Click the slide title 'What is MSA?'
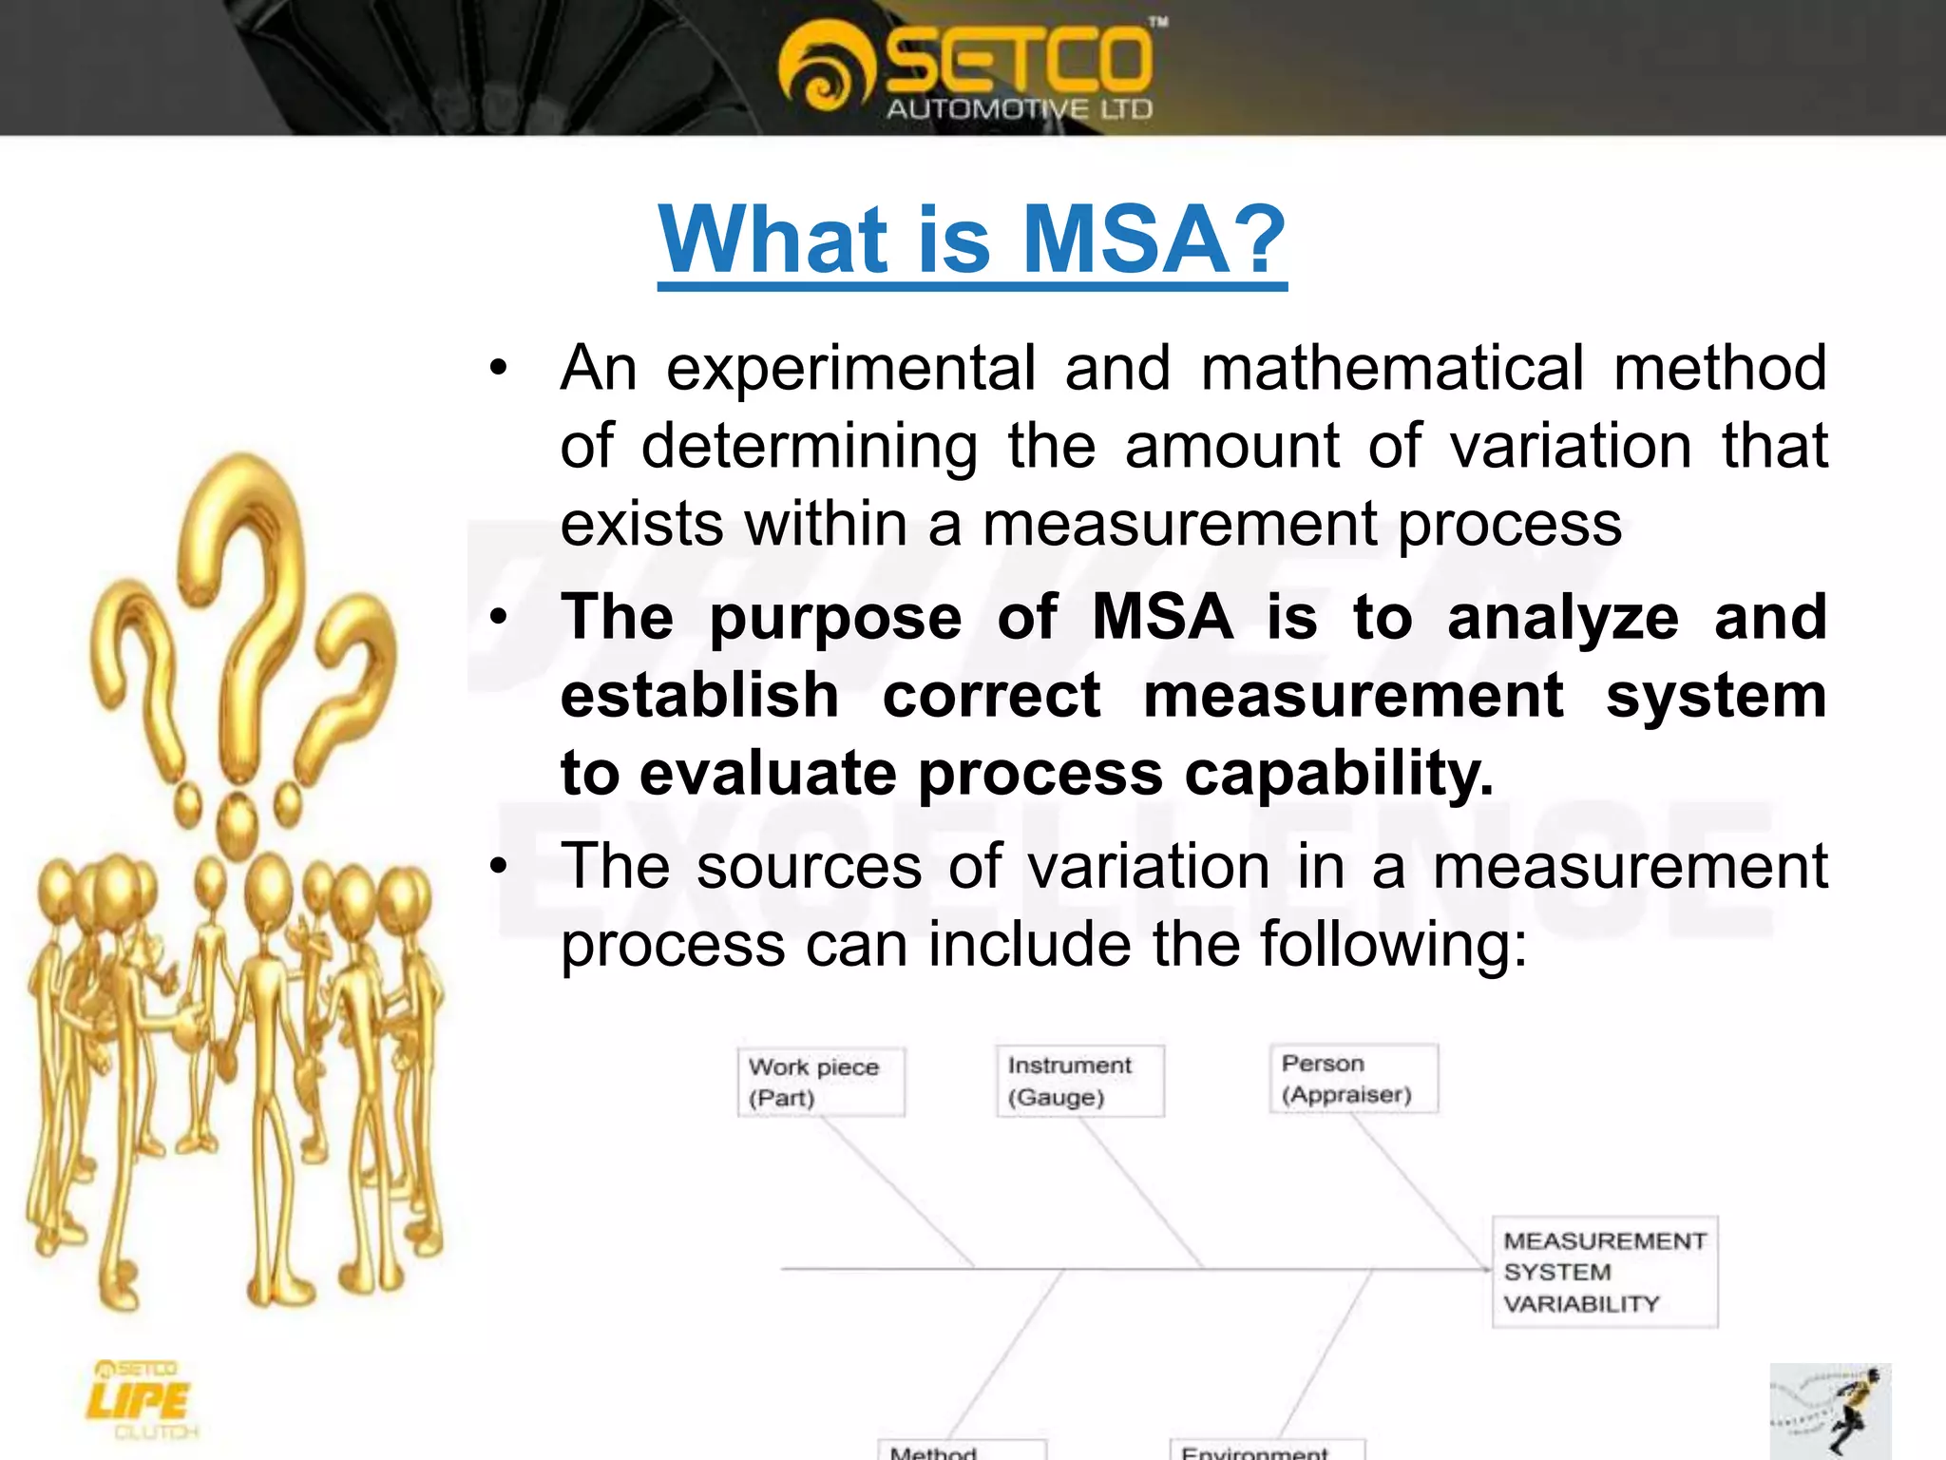[972, 240]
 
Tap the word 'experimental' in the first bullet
[850, 369]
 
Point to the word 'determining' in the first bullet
[809, 447]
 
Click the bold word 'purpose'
[835, 618]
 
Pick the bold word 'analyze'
[1563, 618]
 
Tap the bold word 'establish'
[699, 696]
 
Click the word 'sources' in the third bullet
[809, 867]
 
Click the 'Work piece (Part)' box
[821, 1082]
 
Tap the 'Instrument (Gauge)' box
[1079, 1081]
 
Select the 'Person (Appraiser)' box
[1353, 1079]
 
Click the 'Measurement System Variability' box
[1604, 1272]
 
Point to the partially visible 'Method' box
[960, 1450]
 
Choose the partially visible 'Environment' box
[1266, 1450]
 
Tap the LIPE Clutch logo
[141, 1400]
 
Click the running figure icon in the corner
[1829, 1412]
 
